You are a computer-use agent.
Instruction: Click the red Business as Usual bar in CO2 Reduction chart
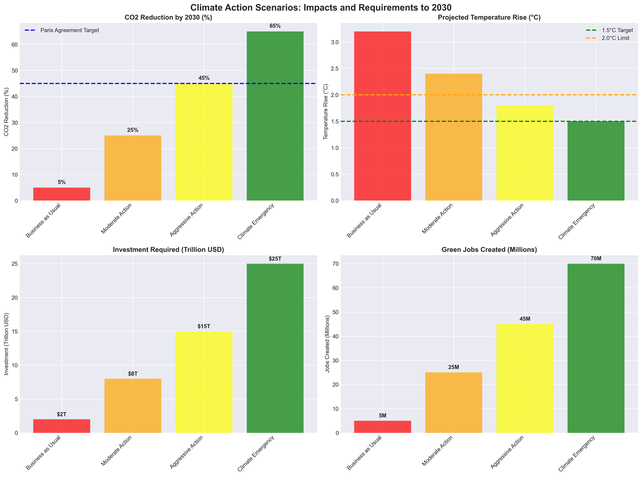coord(61,194)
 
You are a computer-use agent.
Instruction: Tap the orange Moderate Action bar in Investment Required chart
coord(133,406)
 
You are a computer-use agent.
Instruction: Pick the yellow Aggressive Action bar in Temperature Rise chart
coord(525,153)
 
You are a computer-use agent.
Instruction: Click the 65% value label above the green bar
coord(275,26)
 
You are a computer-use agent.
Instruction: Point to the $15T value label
coord(204,326)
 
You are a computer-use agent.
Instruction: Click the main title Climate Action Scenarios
coord(321,7)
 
